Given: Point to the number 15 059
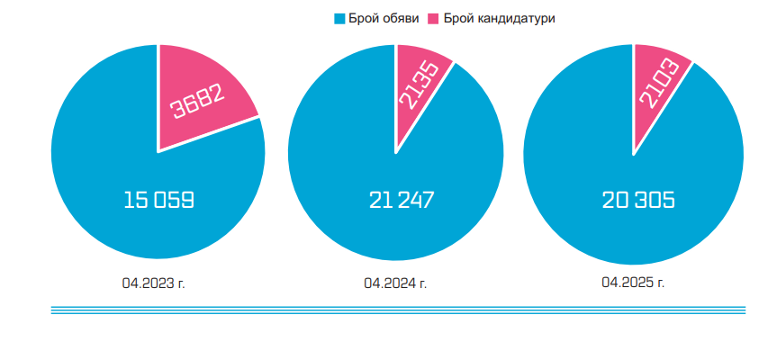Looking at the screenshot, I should [x=158, y=200].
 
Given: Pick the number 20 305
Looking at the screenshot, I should [x=638, y=200].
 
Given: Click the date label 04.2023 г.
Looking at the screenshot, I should [x=154, y=283].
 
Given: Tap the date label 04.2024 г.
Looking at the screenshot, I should [x=395, y=283].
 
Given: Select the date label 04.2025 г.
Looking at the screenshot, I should [x=633, y=283].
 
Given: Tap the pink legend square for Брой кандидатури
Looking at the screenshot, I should [x=431, y=19].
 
